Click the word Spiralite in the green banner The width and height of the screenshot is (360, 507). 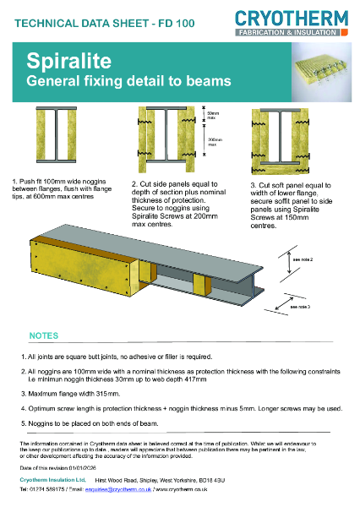pos(60,62)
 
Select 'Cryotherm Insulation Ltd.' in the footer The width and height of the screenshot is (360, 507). pos(53,478)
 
